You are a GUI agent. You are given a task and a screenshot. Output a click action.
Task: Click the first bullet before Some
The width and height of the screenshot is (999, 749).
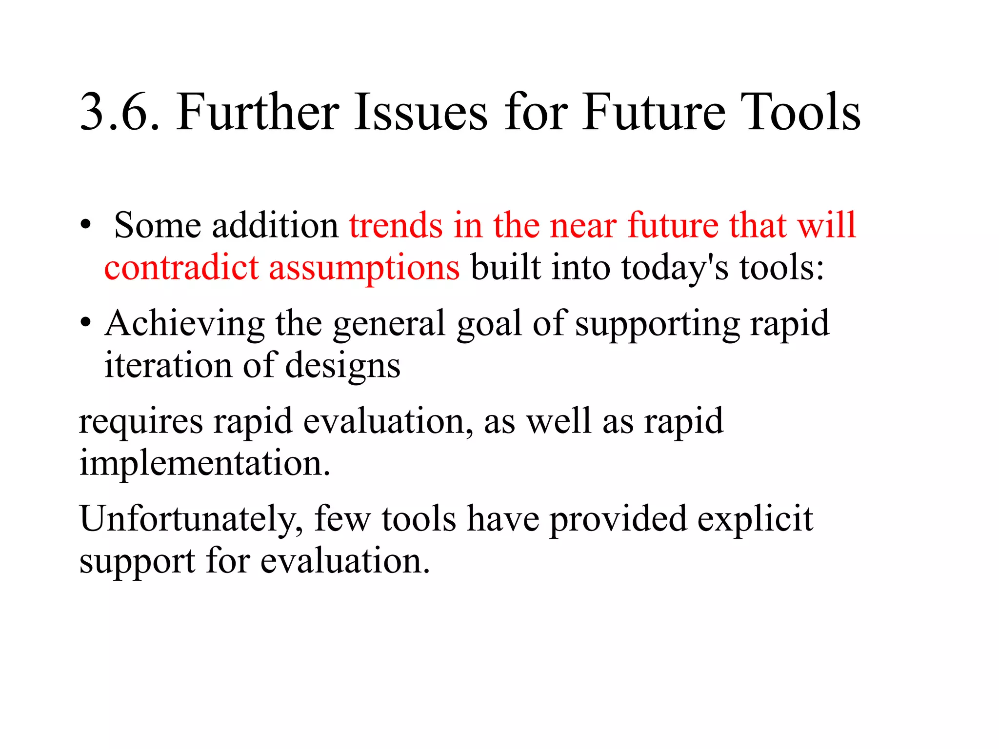(86, 225)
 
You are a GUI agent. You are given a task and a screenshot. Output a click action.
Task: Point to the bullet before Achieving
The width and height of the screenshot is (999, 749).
(86, 323)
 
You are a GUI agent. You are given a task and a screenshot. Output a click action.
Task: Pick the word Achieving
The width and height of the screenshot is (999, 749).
(185, 324)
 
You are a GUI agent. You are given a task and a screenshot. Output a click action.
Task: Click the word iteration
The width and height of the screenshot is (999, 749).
(168, 365)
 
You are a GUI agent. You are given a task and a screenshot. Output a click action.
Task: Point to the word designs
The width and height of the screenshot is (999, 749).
(342, 366)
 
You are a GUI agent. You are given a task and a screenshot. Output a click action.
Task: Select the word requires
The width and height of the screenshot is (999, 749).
(141, 421)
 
